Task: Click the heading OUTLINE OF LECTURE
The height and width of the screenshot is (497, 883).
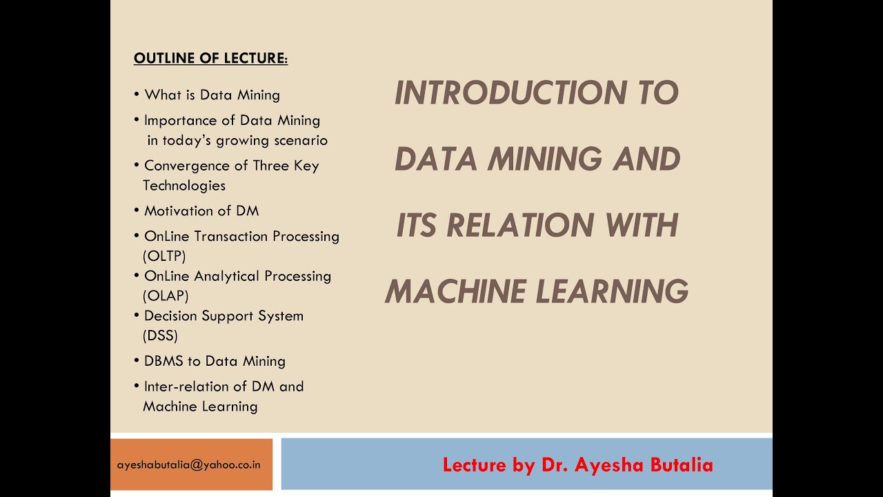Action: (210, 59)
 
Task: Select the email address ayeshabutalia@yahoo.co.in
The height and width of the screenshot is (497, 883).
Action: (189, 465)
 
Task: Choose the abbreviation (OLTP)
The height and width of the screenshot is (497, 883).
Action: (164, 256)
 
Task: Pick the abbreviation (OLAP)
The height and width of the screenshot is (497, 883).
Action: (166, 295)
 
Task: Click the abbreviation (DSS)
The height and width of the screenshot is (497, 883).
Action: (160, 335)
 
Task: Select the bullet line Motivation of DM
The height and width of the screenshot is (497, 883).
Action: (201, 211)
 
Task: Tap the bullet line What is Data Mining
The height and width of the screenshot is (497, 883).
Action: (212, 95)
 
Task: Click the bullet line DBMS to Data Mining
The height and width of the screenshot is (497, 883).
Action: (215, 361)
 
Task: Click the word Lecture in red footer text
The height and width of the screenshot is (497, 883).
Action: (475, 465)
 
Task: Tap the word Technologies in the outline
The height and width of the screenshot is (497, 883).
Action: (184, 185)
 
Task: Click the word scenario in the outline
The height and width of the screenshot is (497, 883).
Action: (299, 140)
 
